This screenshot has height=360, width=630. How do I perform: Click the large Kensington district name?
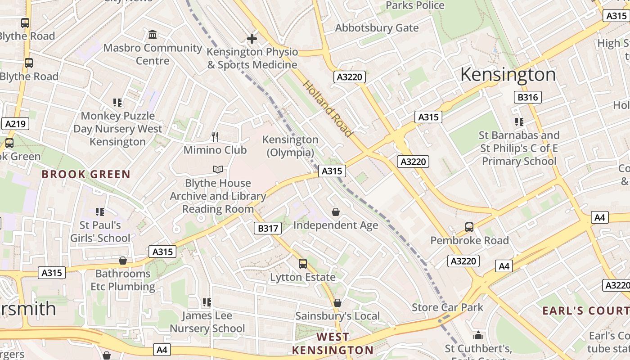tap(508, 74)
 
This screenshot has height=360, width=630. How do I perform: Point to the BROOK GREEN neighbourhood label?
tap(86, 174)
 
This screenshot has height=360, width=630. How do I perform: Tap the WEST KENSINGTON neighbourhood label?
tap(333, 343)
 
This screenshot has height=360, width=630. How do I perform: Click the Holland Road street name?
tap(327, 108)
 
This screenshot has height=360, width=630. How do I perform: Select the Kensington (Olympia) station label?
tap(290, 146)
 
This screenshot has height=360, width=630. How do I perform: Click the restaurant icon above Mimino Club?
tap(215, 136)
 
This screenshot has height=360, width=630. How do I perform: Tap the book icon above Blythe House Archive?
tap(218, 170)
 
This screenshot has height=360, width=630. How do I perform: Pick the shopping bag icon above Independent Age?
tap(336, 211)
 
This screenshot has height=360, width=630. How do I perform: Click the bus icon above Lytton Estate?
tap(303, 263)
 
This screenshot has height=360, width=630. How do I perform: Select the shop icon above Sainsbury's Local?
tap(337, 303)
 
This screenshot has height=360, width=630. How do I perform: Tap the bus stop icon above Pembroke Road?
tap(469, 227)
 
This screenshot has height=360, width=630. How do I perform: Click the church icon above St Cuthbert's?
tap(478, 335)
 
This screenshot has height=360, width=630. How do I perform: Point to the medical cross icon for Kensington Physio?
tap(252, 39)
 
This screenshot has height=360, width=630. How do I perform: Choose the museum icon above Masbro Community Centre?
tap(153, 35)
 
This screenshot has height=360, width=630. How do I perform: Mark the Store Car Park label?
tap(447, 307)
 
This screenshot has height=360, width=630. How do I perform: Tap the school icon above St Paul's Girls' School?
tap(99, 211)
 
